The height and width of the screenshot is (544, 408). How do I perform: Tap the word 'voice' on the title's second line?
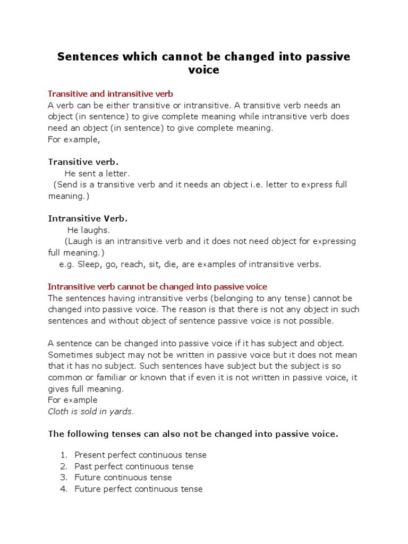[203, 70]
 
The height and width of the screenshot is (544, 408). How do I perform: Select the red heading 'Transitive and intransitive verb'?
[110, 94]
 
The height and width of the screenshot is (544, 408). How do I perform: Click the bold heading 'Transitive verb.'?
[83, 161]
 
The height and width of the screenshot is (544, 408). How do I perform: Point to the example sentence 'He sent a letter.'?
[97, 173]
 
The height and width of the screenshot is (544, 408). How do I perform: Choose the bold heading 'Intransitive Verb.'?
[88, 218]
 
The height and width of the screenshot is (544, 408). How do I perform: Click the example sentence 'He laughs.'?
[88, 230]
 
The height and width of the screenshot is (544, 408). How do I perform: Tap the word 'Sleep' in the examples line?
[88, 264]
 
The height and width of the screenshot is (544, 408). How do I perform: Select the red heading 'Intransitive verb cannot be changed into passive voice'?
[157, 287]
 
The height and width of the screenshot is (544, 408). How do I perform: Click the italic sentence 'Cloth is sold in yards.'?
[91, 411]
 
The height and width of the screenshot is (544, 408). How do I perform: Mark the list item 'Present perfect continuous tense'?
[140, 455]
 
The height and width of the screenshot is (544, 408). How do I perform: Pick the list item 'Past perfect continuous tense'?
[134, 466]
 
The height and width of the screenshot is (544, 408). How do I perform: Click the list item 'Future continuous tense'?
[123, 478]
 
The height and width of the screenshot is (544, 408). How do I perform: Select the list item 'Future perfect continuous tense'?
[139, 489]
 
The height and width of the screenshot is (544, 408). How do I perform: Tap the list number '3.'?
[64, 478]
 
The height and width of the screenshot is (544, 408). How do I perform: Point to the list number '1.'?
[64, 455]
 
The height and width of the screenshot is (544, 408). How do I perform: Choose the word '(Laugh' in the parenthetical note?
[78, 241]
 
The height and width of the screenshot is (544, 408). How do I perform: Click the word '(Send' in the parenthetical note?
[66, 185]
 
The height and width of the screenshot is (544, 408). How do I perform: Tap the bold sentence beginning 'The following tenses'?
[193, 433]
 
